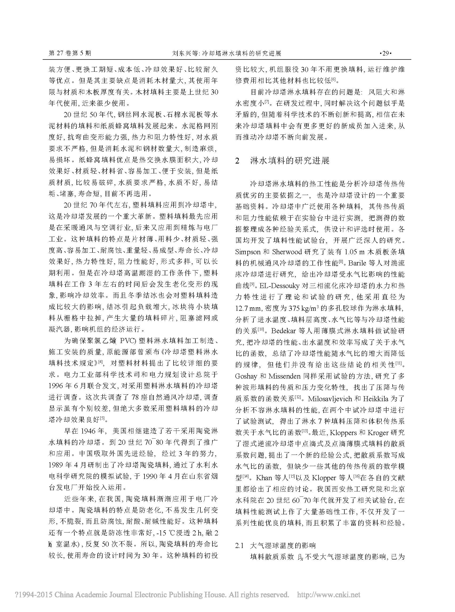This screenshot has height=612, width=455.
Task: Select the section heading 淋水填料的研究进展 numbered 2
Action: coord(289,160)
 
